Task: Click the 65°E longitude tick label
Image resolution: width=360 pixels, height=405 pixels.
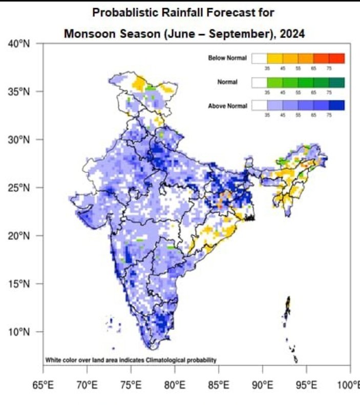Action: (43, 384)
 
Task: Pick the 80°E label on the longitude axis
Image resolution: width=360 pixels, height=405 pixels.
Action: (175, 384)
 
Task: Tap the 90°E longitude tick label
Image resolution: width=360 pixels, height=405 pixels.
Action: (262, 384)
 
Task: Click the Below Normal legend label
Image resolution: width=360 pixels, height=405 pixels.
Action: (227, 58)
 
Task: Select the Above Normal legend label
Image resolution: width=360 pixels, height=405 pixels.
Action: (227, 106)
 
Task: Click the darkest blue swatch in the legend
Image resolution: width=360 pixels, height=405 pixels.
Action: (337, 106)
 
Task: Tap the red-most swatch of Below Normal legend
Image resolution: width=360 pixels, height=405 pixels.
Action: (337, 58)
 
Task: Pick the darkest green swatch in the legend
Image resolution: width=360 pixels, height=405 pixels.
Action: (337, 82)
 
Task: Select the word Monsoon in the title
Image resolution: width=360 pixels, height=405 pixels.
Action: (86, 34)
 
